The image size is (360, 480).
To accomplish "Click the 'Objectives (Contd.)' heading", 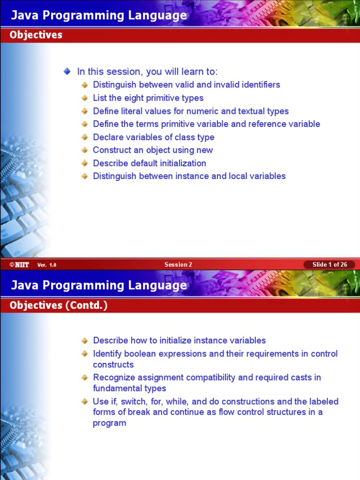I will pyautogui.click(x=59, y=306).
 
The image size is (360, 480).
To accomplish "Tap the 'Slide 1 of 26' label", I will pyautogui.click(x=330, y=265).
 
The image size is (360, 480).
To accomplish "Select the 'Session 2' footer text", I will pyautogui.click(x=178, y=265).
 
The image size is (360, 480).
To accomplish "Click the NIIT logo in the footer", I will pyautogui.click(x=19, y=265).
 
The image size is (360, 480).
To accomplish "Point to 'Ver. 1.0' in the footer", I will pyautogui.click(x=47, y=265).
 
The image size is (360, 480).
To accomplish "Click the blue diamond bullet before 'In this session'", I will pyautogui.click(x=67, y=71).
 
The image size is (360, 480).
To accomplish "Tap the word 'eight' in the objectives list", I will pyautogui.click(x=133, y=98).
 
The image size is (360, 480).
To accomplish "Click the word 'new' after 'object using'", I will pyautogui.click(x=205, y=150).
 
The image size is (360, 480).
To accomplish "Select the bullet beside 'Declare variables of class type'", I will pyautogui.click(x=84, y=137).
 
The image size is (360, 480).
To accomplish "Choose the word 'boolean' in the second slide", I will pyautogui.click(x=141, y=354).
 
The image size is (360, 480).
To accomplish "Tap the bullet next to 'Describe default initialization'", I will pyautogui.click(x=84, y=163).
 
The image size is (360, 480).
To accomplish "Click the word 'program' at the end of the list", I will pyautogui.click(x=109, y=423).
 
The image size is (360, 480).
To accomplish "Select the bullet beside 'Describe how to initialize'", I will pyautogui.click(x=84, y=341).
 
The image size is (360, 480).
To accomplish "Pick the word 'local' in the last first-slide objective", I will pyautogui.click(x=239, y=176).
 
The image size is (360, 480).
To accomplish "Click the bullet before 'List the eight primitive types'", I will pyautogui.click(x=84, y=98).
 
